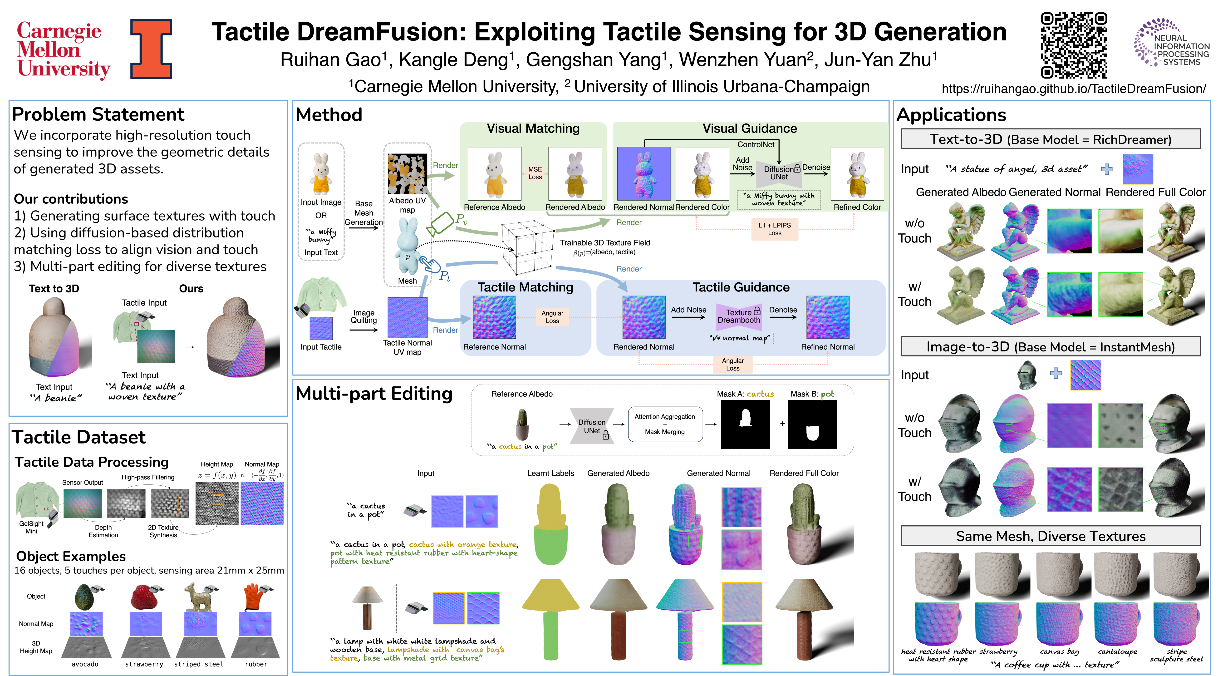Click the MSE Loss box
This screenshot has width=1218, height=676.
click(535, 173)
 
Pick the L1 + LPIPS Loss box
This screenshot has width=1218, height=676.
click(775, 229)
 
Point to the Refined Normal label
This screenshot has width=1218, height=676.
click(827, 347)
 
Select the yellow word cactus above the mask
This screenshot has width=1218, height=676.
click(760, 394)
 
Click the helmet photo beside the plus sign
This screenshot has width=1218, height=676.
click(1026, 375)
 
